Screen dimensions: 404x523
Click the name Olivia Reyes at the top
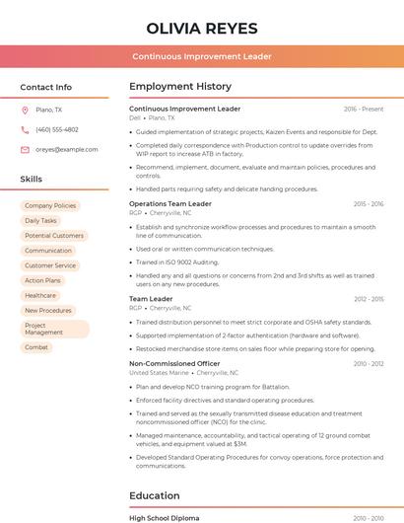(201, 29)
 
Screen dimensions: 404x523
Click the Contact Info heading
(45, 87)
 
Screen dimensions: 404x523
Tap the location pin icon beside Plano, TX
(25, 110)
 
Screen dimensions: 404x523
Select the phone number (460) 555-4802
(57, 129)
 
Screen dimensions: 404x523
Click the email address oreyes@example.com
(67, 149)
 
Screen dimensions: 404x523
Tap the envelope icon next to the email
(25, 149)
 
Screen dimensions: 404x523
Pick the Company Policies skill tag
(50, 205)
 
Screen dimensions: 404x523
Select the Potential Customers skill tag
(54, 236)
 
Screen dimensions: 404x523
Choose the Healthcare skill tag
(40, 295)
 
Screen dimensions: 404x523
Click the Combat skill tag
(36, 347)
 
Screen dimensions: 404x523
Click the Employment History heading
(180, 87)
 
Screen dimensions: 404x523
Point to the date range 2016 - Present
(364, 109)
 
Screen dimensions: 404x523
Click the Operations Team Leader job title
(170, 203)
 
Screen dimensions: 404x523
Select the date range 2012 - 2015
(369, 299)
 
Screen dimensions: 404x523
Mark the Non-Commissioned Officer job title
(174, 363)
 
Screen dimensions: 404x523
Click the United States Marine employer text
(159, 373)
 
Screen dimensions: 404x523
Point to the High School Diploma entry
(164, 518)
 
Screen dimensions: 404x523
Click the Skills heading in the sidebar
(32, 179)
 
